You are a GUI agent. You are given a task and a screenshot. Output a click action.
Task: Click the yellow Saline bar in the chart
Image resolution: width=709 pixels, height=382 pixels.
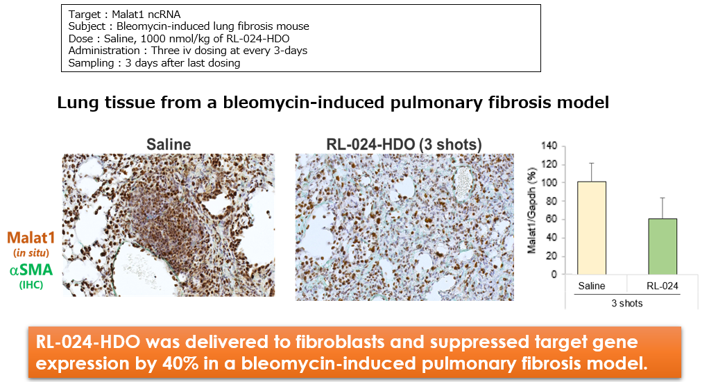pos(592,228)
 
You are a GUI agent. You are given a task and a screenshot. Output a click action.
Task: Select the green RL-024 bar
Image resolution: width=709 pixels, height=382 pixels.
pos(663,246)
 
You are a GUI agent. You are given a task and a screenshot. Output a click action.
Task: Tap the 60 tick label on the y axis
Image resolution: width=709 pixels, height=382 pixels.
pos(552,219)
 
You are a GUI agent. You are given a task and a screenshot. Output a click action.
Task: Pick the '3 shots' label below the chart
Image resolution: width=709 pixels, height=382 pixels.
pos(626,304)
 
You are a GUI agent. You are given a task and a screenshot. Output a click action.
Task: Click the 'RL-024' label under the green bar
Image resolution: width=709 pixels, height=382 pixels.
pos(663,286)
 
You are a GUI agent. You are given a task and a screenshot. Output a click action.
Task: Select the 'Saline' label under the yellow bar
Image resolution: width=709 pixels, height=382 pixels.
pos(592,286)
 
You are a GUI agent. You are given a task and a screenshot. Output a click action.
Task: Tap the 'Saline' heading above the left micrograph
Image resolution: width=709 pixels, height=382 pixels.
pos(169,145)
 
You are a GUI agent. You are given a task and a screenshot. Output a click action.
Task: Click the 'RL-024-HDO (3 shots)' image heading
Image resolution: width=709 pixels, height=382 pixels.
pos(404,145)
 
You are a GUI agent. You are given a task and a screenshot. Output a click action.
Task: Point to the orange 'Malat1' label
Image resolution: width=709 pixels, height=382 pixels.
pos(31,238)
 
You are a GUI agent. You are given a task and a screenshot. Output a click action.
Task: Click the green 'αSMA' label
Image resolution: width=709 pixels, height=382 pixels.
pos(31,270)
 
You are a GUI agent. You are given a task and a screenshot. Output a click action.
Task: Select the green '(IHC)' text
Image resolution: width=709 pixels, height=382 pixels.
pos(31,285)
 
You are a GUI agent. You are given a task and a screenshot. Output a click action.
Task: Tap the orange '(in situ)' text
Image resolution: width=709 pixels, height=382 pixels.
pos(31,253)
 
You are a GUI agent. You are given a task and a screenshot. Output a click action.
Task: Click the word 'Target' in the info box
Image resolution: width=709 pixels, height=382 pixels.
pos(85,15)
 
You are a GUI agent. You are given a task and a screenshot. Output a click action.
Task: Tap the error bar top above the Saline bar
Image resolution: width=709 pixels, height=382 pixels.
pos(592,163)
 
